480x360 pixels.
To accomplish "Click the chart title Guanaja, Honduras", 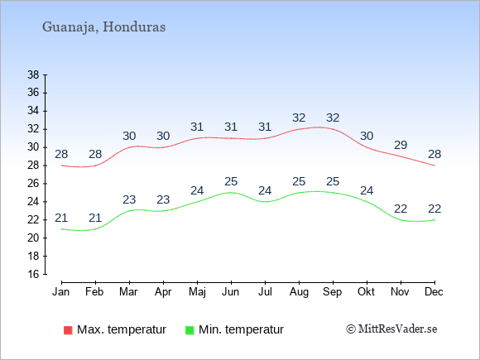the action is (x=103, y=27).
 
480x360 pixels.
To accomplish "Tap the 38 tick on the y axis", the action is (x=33, y=74).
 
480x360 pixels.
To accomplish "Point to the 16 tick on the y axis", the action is (x=33, y=274).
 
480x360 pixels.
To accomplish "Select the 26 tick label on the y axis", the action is (x=33, y=184).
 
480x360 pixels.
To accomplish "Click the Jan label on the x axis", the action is (x=61, y=292).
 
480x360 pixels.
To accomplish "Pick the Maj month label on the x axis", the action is (x=197, y=292).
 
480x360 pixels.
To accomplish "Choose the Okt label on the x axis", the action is (x=366, y=292).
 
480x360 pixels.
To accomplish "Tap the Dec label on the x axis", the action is (x=434, y=292).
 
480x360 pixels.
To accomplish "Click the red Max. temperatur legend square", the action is (x=68, y=330).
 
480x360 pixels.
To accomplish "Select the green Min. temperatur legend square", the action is (x=190, y=330).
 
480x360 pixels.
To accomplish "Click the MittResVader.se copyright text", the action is (x=391, y=329).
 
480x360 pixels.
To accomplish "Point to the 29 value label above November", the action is (x=401, y=145).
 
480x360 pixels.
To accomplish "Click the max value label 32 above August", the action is (x=299, y=118).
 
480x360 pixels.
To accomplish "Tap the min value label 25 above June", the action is (x=231, y=181).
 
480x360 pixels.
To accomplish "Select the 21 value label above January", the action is (x=61, y=218).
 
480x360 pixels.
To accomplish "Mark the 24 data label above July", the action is (x=265, y=190).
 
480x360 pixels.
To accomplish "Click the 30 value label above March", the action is (x=129, y=136).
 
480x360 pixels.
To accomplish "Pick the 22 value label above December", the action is (x=434, y=209).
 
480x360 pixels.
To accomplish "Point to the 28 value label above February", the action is (x=95, y=154).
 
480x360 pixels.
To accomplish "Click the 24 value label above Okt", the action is (x=367, y=190).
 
